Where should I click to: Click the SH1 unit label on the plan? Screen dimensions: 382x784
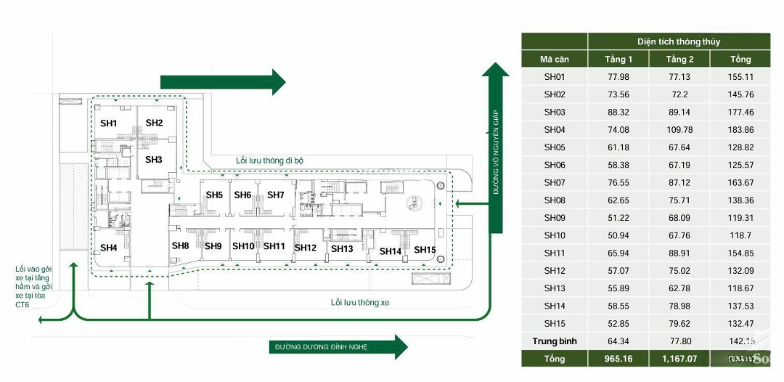[x=108, y=123]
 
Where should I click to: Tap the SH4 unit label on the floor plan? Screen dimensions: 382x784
[x=108, y=248]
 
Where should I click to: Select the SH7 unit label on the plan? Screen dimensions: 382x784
[x=275, y=195]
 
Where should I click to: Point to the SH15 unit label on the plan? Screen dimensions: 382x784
[x=425, y=250]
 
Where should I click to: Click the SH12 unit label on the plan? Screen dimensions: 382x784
[x=305, y=248]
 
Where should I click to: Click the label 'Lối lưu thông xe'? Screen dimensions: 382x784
[x=360, y=302]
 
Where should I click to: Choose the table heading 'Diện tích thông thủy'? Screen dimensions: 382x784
[x=679, y=41]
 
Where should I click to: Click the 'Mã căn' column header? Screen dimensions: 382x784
[x=554, y=59]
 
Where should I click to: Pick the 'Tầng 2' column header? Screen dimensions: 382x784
[x=679, y=59]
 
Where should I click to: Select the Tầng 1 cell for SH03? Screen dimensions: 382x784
[x=618, y=112]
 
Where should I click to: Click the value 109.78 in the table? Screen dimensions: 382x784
[x=679, y=130]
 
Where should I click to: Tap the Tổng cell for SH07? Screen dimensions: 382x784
[x=740, y=182]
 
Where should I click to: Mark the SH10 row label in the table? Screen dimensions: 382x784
[x=554, y=235]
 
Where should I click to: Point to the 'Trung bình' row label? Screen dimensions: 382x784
[x=554, y=341]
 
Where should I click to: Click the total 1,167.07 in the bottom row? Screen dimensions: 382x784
[x=679, y=359]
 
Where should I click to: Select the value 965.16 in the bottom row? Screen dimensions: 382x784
[x=618, y=359]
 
